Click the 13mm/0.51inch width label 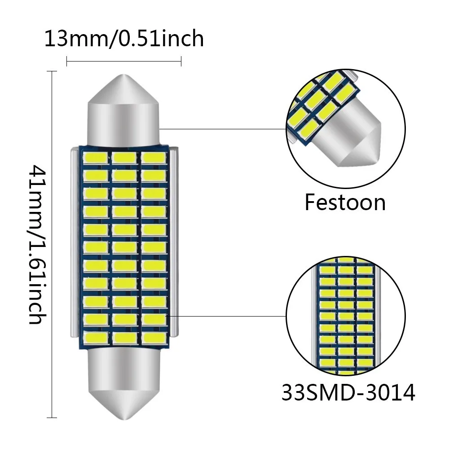124,39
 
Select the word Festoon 345,202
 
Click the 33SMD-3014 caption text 348,393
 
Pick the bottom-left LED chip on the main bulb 95,337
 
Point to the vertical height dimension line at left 53,245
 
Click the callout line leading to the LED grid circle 227,316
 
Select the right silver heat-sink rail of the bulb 174,245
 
